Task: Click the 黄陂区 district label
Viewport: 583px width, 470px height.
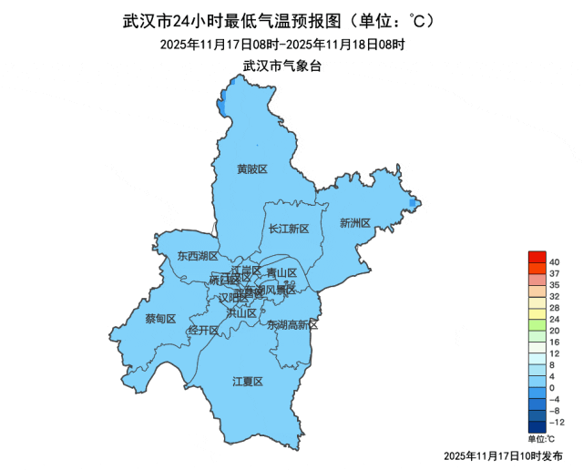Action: [x=252, y=169]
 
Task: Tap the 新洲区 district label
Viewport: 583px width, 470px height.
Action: [x=354, y=222]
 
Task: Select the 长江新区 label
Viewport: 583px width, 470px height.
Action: [x=290, y=229]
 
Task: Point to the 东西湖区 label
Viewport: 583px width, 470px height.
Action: [x=196, y=256]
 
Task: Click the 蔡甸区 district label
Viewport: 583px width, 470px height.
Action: [x=160, y=318]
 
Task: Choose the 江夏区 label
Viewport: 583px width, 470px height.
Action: [x=247, y=381]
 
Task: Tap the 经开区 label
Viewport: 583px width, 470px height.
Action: [x=203, y=330]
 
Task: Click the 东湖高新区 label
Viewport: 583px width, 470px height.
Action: [x=293, y=324]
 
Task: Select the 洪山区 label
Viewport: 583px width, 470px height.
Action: [x=241, y=312]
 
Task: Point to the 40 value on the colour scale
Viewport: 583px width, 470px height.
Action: [x=553, y=262]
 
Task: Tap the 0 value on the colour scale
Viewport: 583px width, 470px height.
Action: [x=553, y=388]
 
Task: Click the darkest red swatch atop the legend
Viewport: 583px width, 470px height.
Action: [x=537, y=257]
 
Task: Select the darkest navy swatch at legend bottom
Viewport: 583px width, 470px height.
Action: [x=537, y=426]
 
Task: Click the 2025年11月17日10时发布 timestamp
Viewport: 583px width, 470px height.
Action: [x=503, y=455]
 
